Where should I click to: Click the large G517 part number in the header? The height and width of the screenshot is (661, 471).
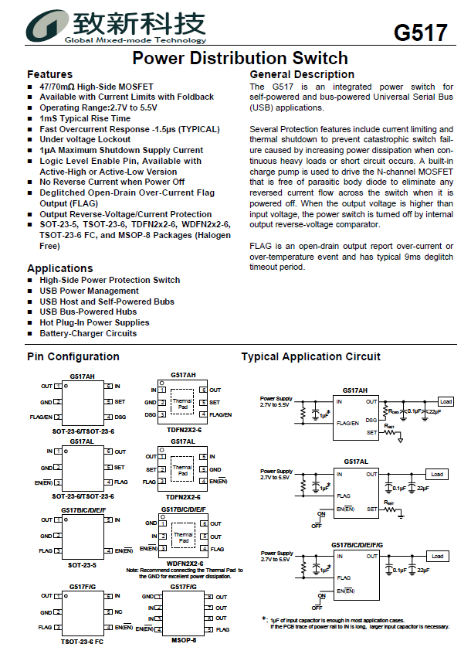[x=420, y=32]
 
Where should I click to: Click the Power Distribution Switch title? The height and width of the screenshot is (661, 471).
[x=239, y=58]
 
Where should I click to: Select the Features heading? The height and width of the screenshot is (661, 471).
[x=49, y=74]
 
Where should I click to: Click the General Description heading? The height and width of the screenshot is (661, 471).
[x=302, y=74]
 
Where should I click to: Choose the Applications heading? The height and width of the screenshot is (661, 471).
[x=59, y=268]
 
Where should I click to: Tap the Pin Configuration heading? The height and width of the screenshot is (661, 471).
[x=73, y=356]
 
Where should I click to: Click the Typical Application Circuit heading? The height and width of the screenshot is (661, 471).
[x=310, y=356]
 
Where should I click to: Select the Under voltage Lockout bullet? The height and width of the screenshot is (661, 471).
[x=85, y=140]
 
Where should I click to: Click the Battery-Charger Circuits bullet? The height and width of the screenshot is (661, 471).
[x=88, y=333]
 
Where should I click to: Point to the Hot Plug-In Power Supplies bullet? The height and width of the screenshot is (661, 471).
[x=94, y=322]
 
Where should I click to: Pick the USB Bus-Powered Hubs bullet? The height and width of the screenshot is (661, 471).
[x=88, y=312]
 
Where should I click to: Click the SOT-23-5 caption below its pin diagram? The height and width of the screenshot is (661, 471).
[x=82, y=564]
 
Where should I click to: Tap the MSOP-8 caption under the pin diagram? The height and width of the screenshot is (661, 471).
[x=183, y=640]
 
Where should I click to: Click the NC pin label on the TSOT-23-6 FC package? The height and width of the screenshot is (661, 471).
[x=118, y=612]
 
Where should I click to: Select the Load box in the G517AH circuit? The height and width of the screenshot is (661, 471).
[x=446, y=402]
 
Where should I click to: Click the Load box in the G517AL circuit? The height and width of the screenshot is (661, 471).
[x=437, y=474]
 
